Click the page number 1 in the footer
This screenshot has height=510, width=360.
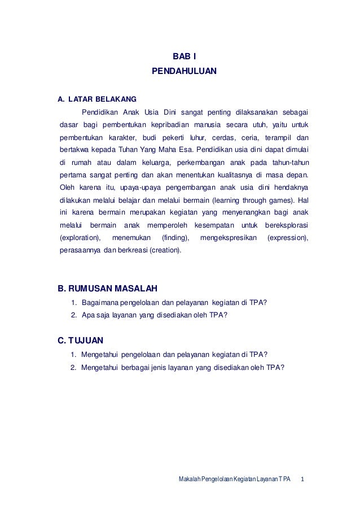[304, 480]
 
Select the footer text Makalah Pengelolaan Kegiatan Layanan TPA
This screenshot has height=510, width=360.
[234, 480]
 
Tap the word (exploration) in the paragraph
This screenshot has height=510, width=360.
[81, 238]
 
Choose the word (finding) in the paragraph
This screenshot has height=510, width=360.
[175, 238]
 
